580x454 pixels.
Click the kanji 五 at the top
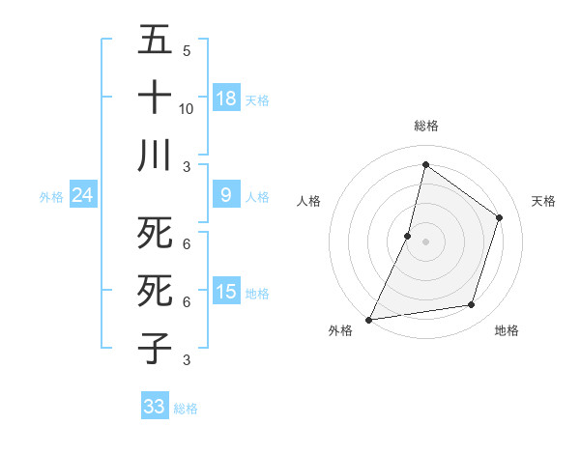click(155, 40)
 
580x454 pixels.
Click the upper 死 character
click(155, 233)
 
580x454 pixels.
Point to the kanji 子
click(155, 347)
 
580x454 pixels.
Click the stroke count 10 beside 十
click(187, 108)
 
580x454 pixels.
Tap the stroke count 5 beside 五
click(186, 51)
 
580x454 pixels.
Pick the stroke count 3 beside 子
click(186, 359)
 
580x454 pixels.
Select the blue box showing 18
click(226, 99)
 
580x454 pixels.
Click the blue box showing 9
click(226, 195)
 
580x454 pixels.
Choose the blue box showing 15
click(226, 292)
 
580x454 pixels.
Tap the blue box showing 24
click(83, 195)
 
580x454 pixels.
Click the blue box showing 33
click(155, 407)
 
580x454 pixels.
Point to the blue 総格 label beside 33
click(186, 409)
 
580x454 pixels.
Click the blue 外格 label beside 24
click(51, 197)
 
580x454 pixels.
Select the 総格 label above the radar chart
click(425, 126)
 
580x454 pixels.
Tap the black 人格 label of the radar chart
click(308, 201)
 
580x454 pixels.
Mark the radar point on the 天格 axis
click(500, 217)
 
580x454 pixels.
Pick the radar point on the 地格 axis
click(472, 305)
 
